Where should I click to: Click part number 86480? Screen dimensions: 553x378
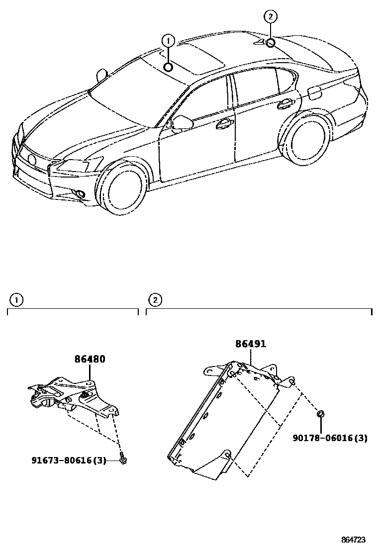90,359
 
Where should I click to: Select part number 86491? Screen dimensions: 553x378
251,344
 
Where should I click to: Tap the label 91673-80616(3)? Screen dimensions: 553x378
69,461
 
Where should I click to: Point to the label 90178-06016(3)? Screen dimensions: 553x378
330,438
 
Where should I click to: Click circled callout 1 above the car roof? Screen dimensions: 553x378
169,40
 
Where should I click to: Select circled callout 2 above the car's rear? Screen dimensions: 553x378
270,16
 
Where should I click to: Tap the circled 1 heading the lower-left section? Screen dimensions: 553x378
16,300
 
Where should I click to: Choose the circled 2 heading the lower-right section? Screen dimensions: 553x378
155,300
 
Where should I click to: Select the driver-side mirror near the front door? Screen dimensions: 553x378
182,122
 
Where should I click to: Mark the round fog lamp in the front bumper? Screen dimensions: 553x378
80,193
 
